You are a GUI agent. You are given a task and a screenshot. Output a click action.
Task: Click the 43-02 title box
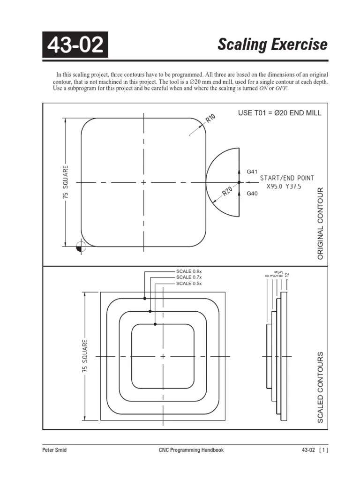click(75, 45)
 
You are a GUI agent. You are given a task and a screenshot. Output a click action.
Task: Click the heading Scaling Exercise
click(272, 45)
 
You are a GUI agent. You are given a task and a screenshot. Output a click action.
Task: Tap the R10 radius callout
click(210, 119)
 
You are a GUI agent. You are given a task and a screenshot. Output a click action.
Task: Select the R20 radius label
click(228, 192)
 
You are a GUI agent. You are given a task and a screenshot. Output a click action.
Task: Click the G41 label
click(252, 172)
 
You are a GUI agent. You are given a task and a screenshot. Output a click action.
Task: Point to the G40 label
click(252, 193)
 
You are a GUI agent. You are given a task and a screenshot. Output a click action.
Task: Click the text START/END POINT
click(287, 178)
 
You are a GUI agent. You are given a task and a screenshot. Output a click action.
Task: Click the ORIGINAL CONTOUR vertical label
click(321, 224)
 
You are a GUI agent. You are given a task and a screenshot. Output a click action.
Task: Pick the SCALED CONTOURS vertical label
click(321, 387)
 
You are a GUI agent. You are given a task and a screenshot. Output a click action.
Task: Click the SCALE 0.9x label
click(189, 271)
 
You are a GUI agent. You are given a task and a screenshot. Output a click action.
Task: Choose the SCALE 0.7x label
click(189, 277)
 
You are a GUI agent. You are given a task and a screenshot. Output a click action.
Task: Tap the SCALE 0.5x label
click(189, 284)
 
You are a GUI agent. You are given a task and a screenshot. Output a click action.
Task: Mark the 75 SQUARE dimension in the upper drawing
click(65, 182)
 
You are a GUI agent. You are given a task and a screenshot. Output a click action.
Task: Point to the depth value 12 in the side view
click(287, 274)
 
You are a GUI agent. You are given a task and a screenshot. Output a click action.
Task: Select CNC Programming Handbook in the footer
click(191, 450)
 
